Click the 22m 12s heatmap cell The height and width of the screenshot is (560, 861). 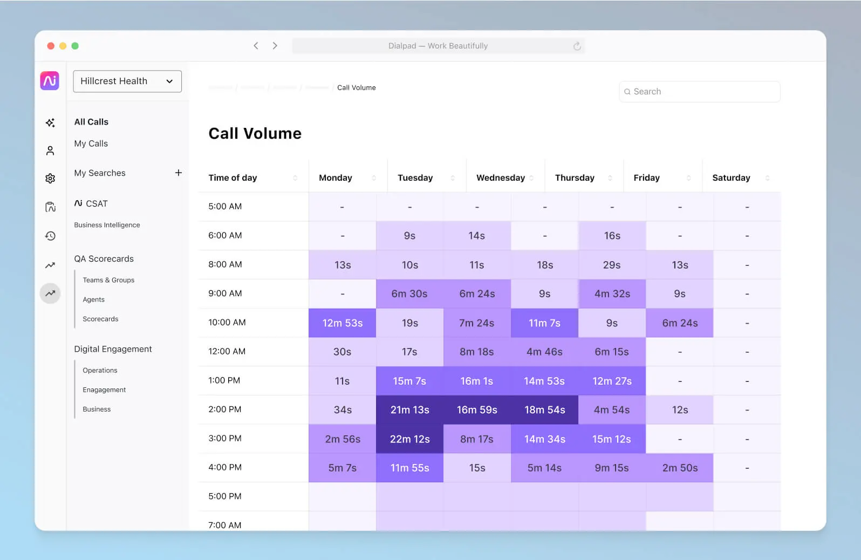coord(409,439)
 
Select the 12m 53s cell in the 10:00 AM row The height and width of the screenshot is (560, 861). coord(342,323)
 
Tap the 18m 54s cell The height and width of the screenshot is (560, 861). coord(544,409)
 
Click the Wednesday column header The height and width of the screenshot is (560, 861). coord(500,177)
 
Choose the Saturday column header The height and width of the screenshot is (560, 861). coord(730,177)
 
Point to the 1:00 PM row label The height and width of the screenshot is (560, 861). coord(224,380)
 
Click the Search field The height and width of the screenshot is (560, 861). coord(699,92)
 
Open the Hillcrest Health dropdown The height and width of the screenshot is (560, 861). coord(127,81)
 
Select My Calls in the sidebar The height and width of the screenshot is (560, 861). coord(91,144)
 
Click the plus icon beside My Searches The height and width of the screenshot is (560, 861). coord(179,173)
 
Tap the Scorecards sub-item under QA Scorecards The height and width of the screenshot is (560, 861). coord(100,319)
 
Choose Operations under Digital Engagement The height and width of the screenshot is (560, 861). coord(100,370)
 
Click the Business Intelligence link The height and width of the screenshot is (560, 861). coord(107,225)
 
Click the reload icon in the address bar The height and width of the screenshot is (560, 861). coord(577,46)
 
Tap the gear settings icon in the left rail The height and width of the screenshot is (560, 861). coord(50,179)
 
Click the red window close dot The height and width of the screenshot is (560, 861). coord(51,46)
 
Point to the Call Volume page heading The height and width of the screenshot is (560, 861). coord(255,133)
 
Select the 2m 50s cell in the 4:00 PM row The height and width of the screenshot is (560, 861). coord(679,468)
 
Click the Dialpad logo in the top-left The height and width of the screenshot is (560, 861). coord(50,81)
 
